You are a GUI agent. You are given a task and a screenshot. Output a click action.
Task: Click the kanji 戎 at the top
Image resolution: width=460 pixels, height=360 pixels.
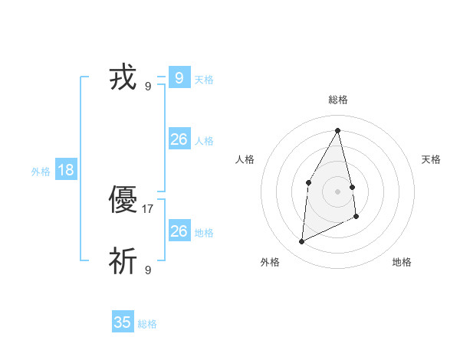(123, 78)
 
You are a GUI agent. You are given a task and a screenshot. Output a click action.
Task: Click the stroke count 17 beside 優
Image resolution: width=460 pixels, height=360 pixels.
(148, 208)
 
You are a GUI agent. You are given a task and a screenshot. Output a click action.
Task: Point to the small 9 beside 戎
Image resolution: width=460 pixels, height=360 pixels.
(148, 86)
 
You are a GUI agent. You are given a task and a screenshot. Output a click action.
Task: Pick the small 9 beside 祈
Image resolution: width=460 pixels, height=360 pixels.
(148, 270)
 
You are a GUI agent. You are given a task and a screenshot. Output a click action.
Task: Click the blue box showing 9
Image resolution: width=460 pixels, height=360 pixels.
(179, 77)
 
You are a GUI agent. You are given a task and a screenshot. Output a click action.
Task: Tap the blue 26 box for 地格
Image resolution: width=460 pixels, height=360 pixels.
(179, 231)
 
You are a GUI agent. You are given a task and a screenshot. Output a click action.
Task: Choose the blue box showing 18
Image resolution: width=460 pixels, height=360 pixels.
(66, 169)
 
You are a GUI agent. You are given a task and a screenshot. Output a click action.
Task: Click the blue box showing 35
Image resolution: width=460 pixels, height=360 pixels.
(123, 322)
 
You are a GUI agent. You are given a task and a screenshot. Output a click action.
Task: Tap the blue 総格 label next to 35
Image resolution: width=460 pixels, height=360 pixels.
(148, 324)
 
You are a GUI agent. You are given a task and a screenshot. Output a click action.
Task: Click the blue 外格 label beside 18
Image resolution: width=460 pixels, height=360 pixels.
(41, 172)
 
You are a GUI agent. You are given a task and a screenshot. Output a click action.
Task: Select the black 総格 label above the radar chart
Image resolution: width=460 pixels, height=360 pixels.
(337, 100)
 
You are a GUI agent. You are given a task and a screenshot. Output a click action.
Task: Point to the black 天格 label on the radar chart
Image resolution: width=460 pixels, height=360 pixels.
(431, 159)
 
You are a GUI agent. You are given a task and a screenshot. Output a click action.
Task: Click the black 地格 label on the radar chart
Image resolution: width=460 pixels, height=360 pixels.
(402, 262)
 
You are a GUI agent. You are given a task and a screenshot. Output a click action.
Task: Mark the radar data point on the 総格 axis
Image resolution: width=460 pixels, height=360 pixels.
(337, 130)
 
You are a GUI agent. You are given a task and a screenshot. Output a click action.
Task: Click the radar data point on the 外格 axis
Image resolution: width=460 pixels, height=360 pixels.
(301, 242)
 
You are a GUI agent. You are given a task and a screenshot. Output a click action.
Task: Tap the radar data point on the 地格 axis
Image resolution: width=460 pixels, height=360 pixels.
(356, 217)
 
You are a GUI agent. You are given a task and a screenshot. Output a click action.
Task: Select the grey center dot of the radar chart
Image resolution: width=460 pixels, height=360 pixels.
(337, 191)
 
